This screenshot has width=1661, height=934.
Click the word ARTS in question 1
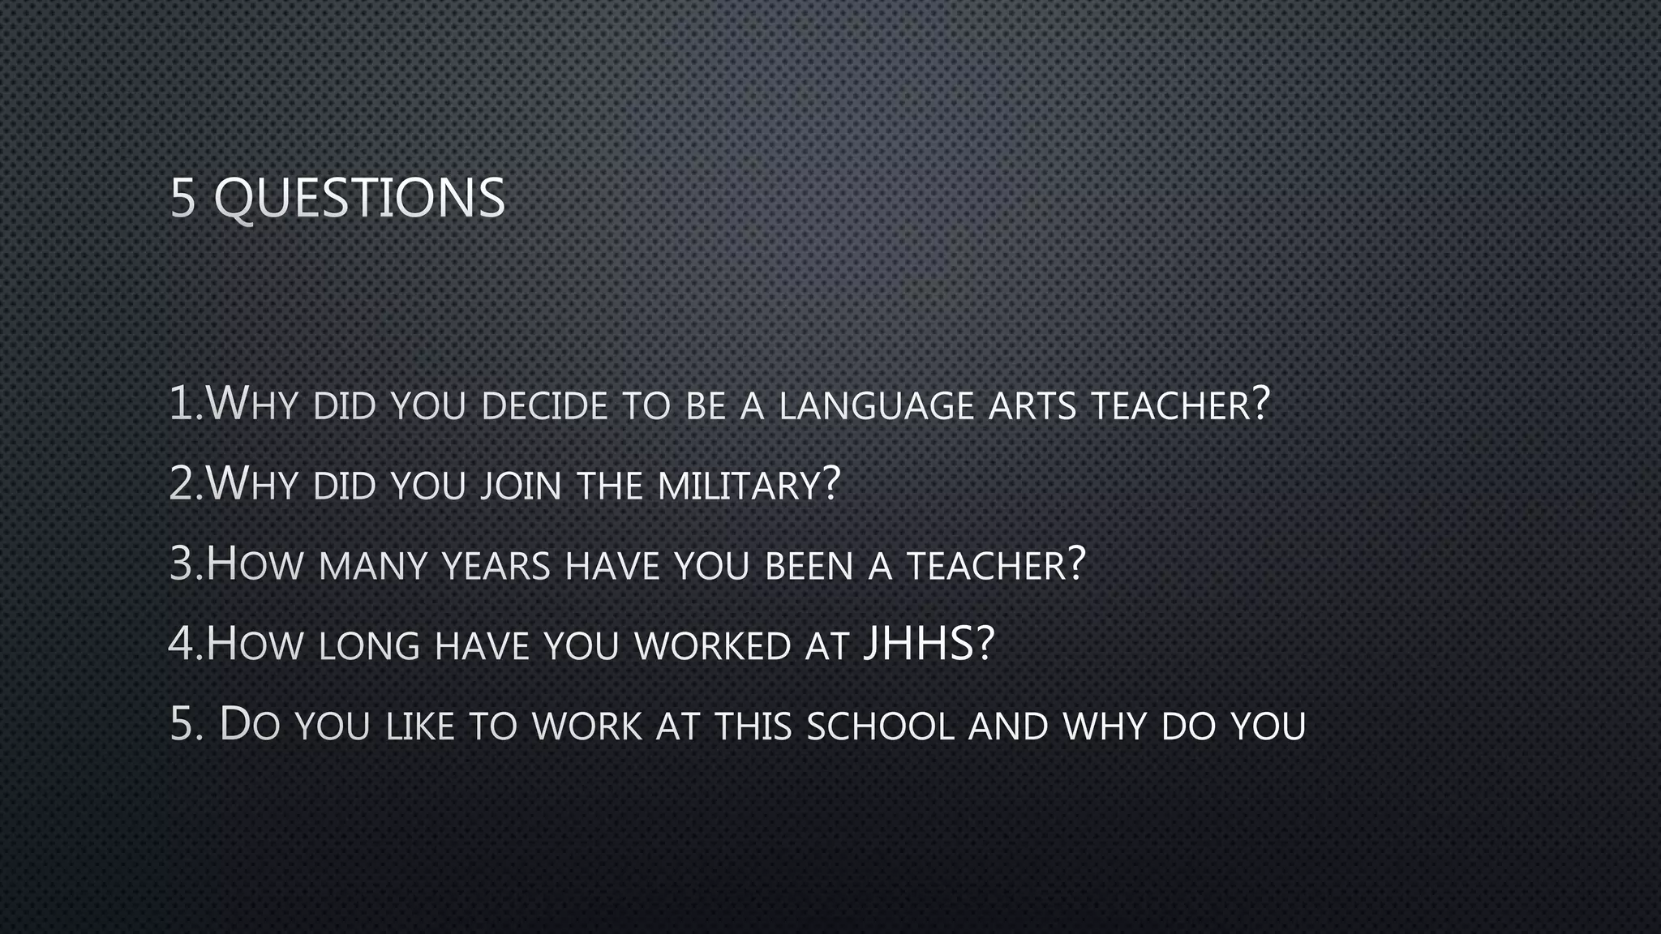click(x=1032, y=405)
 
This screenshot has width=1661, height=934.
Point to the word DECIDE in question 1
click(x=544, y=405)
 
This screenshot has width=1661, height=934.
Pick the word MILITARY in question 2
click(x=739, y=485)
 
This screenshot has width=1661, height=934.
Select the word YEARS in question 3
click(x=496, y=565)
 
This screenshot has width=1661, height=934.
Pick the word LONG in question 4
click(x=369, y=646)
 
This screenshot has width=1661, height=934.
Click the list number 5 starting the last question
click(x=182, y=724)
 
